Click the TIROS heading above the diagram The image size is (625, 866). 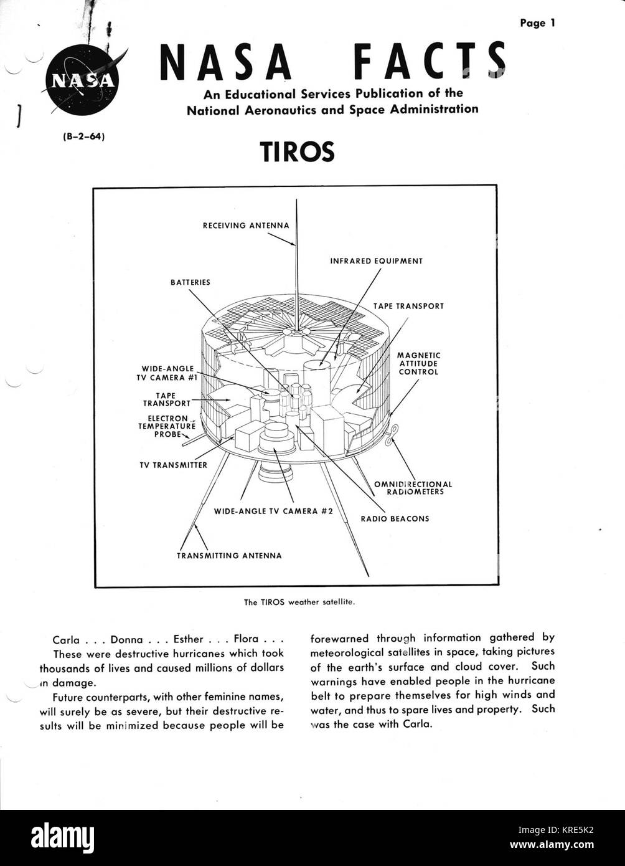click(297, 151)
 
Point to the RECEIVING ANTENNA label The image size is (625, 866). click(246, 226)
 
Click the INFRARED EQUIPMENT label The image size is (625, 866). click(376, 261)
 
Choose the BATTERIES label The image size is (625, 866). click(190, 282)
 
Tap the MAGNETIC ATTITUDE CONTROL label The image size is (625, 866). click(418, 363)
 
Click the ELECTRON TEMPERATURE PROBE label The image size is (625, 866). click(167, 426)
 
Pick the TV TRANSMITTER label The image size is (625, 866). click(174, 465)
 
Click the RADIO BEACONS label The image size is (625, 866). click(395, 518)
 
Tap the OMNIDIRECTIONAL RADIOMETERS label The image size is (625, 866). click(413, 488)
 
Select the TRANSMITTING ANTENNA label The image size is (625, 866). click(229, 555)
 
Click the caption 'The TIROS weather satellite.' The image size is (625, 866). click(299, 602)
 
